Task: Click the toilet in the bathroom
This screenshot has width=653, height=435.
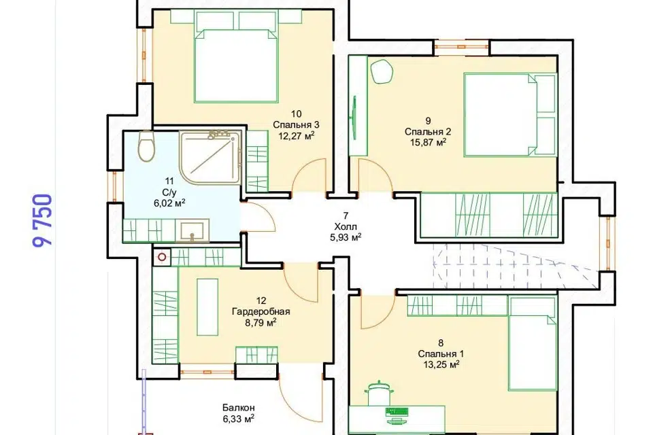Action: pyautogui.click(x=146, y=147)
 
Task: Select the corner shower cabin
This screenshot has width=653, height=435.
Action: pyautogui.click(x=210, y=157)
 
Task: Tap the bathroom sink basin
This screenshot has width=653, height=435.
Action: pyautogui.click(x=192, y=230)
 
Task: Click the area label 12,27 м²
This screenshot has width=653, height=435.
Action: pyautogui.click(x=296, y=136)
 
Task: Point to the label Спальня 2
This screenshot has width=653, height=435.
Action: pyautogui.click(x=428, y=132)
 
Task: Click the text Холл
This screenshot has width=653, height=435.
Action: pyautogui.click(x=346, y=226)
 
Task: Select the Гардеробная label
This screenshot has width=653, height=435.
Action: pyautogui.click(x=261, y=311)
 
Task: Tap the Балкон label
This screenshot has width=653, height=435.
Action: pyautogui.click(x=238, y=408)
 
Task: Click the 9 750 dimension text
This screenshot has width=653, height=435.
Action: pyautogui.click(x=42, y=220)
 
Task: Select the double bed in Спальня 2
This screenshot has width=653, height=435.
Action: pyautogui.click(x=510, y=115)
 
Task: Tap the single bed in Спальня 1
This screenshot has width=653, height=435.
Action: pyautogui.click(x=532, y=343)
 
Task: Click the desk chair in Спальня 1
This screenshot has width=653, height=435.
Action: pyautogui.click(x=378, y=393)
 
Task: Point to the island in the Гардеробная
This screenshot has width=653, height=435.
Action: pyautogui.click(x=207, y=307)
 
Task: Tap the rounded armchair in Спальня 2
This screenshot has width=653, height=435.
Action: pyautogui.click(x=382, y=71)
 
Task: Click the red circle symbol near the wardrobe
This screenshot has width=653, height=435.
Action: pyautogui.click(x=162, y=257)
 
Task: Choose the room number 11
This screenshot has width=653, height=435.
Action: pyautogui.click(x=169, y=181)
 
